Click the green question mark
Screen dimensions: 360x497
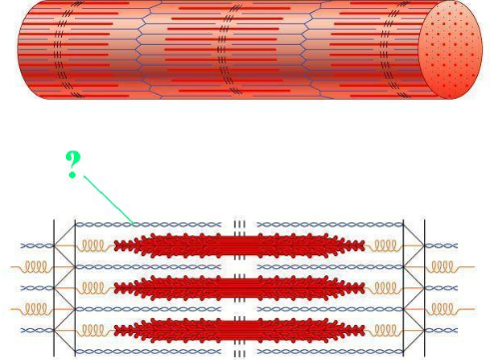point(73,164)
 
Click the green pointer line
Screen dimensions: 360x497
point(108,199)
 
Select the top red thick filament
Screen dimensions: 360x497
point(240,245)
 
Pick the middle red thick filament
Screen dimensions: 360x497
point(240,287)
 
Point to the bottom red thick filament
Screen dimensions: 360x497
point(240,329)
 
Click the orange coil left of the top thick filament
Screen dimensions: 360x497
point(93,245)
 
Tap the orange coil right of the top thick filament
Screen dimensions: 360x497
point(385,245)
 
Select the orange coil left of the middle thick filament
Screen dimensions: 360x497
point(93,287)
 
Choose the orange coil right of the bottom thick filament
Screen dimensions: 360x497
point(385,329)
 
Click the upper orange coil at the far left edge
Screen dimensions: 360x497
point(34,266)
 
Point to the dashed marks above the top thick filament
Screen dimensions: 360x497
point(240,225)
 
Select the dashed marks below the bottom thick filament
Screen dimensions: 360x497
point(240,352)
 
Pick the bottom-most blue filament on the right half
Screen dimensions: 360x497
point(329,351)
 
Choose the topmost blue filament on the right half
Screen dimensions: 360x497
point(329,224)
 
